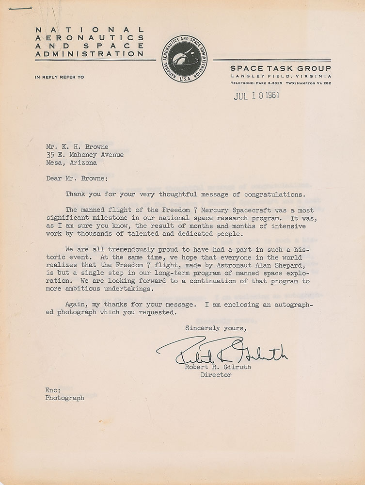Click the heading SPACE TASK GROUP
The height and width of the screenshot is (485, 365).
coord(281,68)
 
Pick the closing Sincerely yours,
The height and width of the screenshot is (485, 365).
coord(216,329)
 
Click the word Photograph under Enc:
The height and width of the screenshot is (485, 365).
coord(65,398)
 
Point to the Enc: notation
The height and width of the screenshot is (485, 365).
coord(53,389)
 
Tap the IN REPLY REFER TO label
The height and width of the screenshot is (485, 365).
coord(59,77)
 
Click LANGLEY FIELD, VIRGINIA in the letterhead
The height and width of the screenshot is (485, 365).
coord(281,76)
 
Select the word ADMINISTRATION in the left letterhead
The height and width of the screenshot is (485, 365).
coord(90,54)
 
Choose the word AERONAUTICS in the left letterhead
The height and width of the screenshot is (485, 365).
coord(90,37)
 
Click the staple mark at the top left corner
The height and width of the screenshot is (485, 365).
coord(23,8)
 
